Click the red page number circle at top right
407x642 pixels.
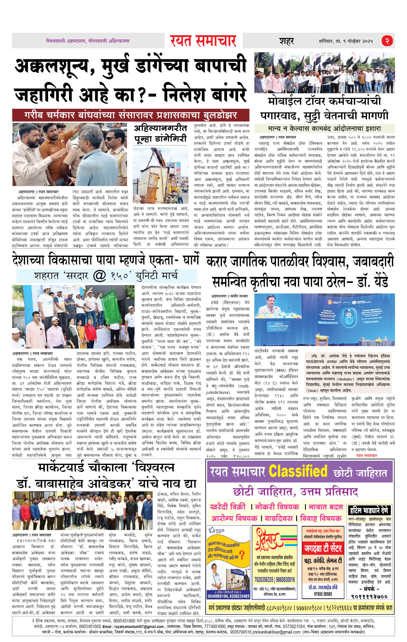(x=387, y=41)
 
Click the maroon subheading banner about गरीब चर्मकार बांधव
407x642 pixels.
(x=131, y=115)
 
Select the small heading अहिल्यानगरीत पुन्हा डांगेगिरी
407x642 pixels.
(x=160, y=133)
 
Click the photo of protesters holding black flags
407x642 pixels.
(x=324, y=73)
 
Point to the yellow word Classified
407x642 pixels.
(x=298, y=471)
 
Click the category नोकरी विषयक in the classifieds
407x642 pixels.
(x=277, y=507)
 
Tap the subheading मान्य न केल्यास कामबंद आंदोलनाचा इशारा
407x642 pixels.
(x=324, y=129)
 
